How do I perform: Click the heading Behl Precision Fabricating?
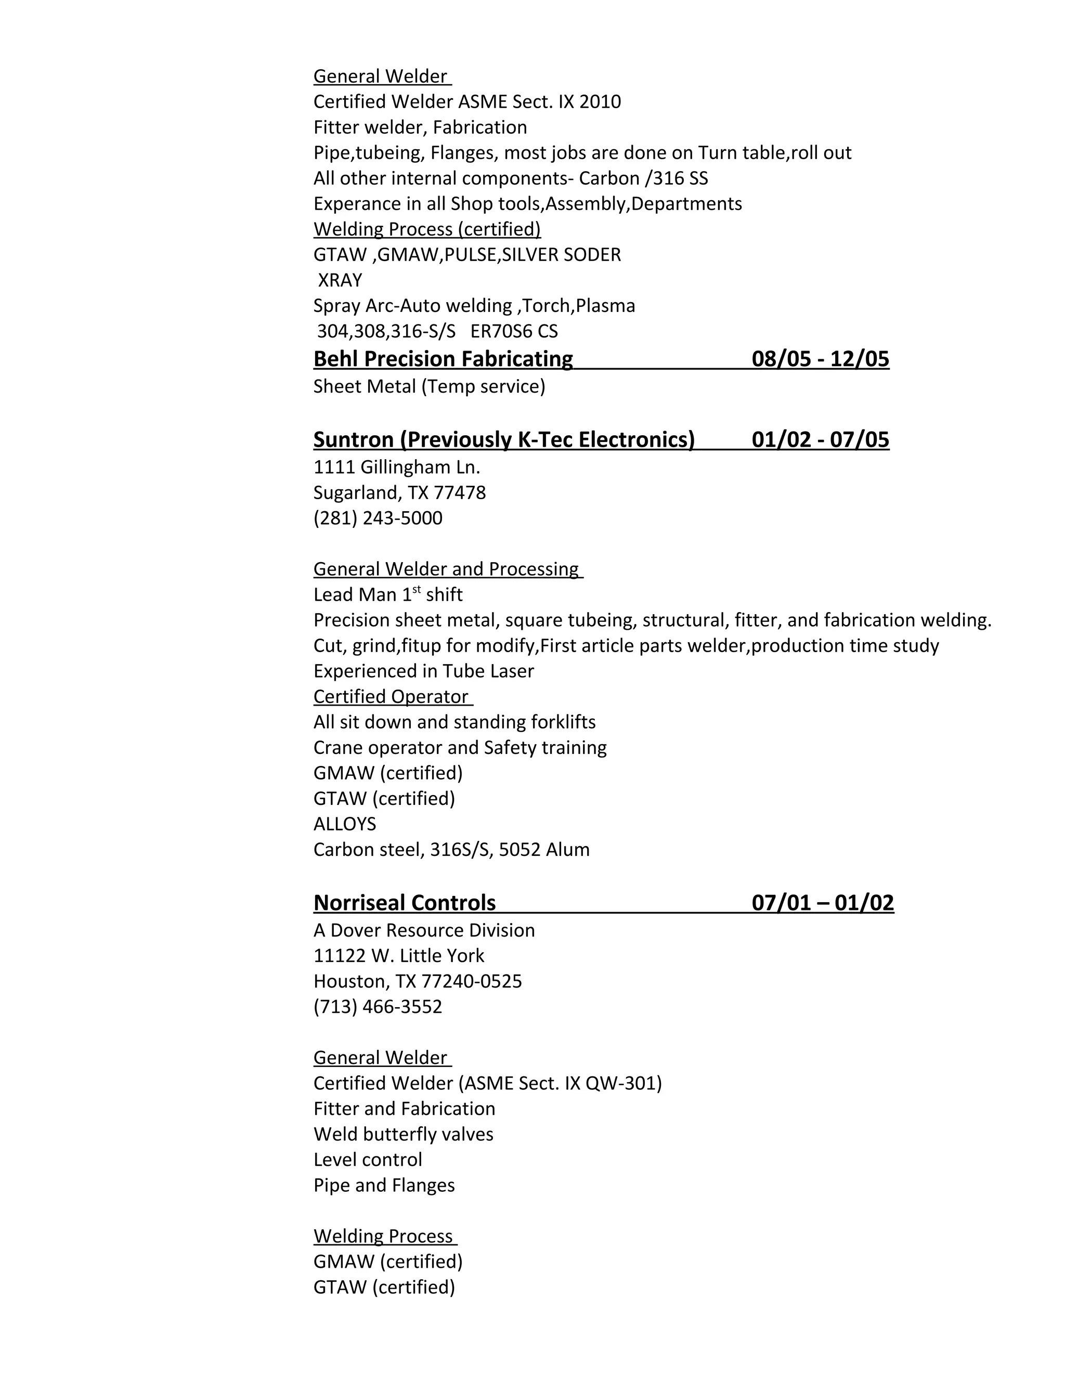(x=443, y=359)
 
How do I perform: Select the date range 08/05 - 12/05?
(x=820, y=359)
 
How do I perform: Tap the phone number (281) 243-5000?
(x=378, y=518)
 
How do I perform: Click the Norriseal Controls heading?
(x=405, y=903)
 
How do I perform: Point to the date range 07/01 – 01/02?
(x=823, y=903)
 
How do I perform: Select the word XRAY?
(x=340, y=280)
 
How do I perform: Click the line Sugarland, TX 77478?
(x=399, y=493)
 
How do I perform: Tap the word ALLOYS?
(x=344, y=824)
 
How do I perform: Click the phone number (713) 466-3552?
(x=378, y=1006)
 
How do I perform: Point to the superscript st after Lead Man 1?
(x=417, y=589)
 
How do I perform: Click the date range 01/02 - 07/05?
(x=820, y=440)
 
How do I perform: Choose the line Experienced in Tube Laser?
(x=423, y=671)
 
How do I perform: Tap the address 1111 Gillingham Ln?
(x=397, y=467)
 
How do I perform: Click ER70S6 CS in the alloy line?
(x=514, y=331)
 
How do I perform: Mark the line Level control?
(x=368, y=1160)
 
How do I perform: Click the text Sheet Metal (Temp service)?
(x=429, y=386)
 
